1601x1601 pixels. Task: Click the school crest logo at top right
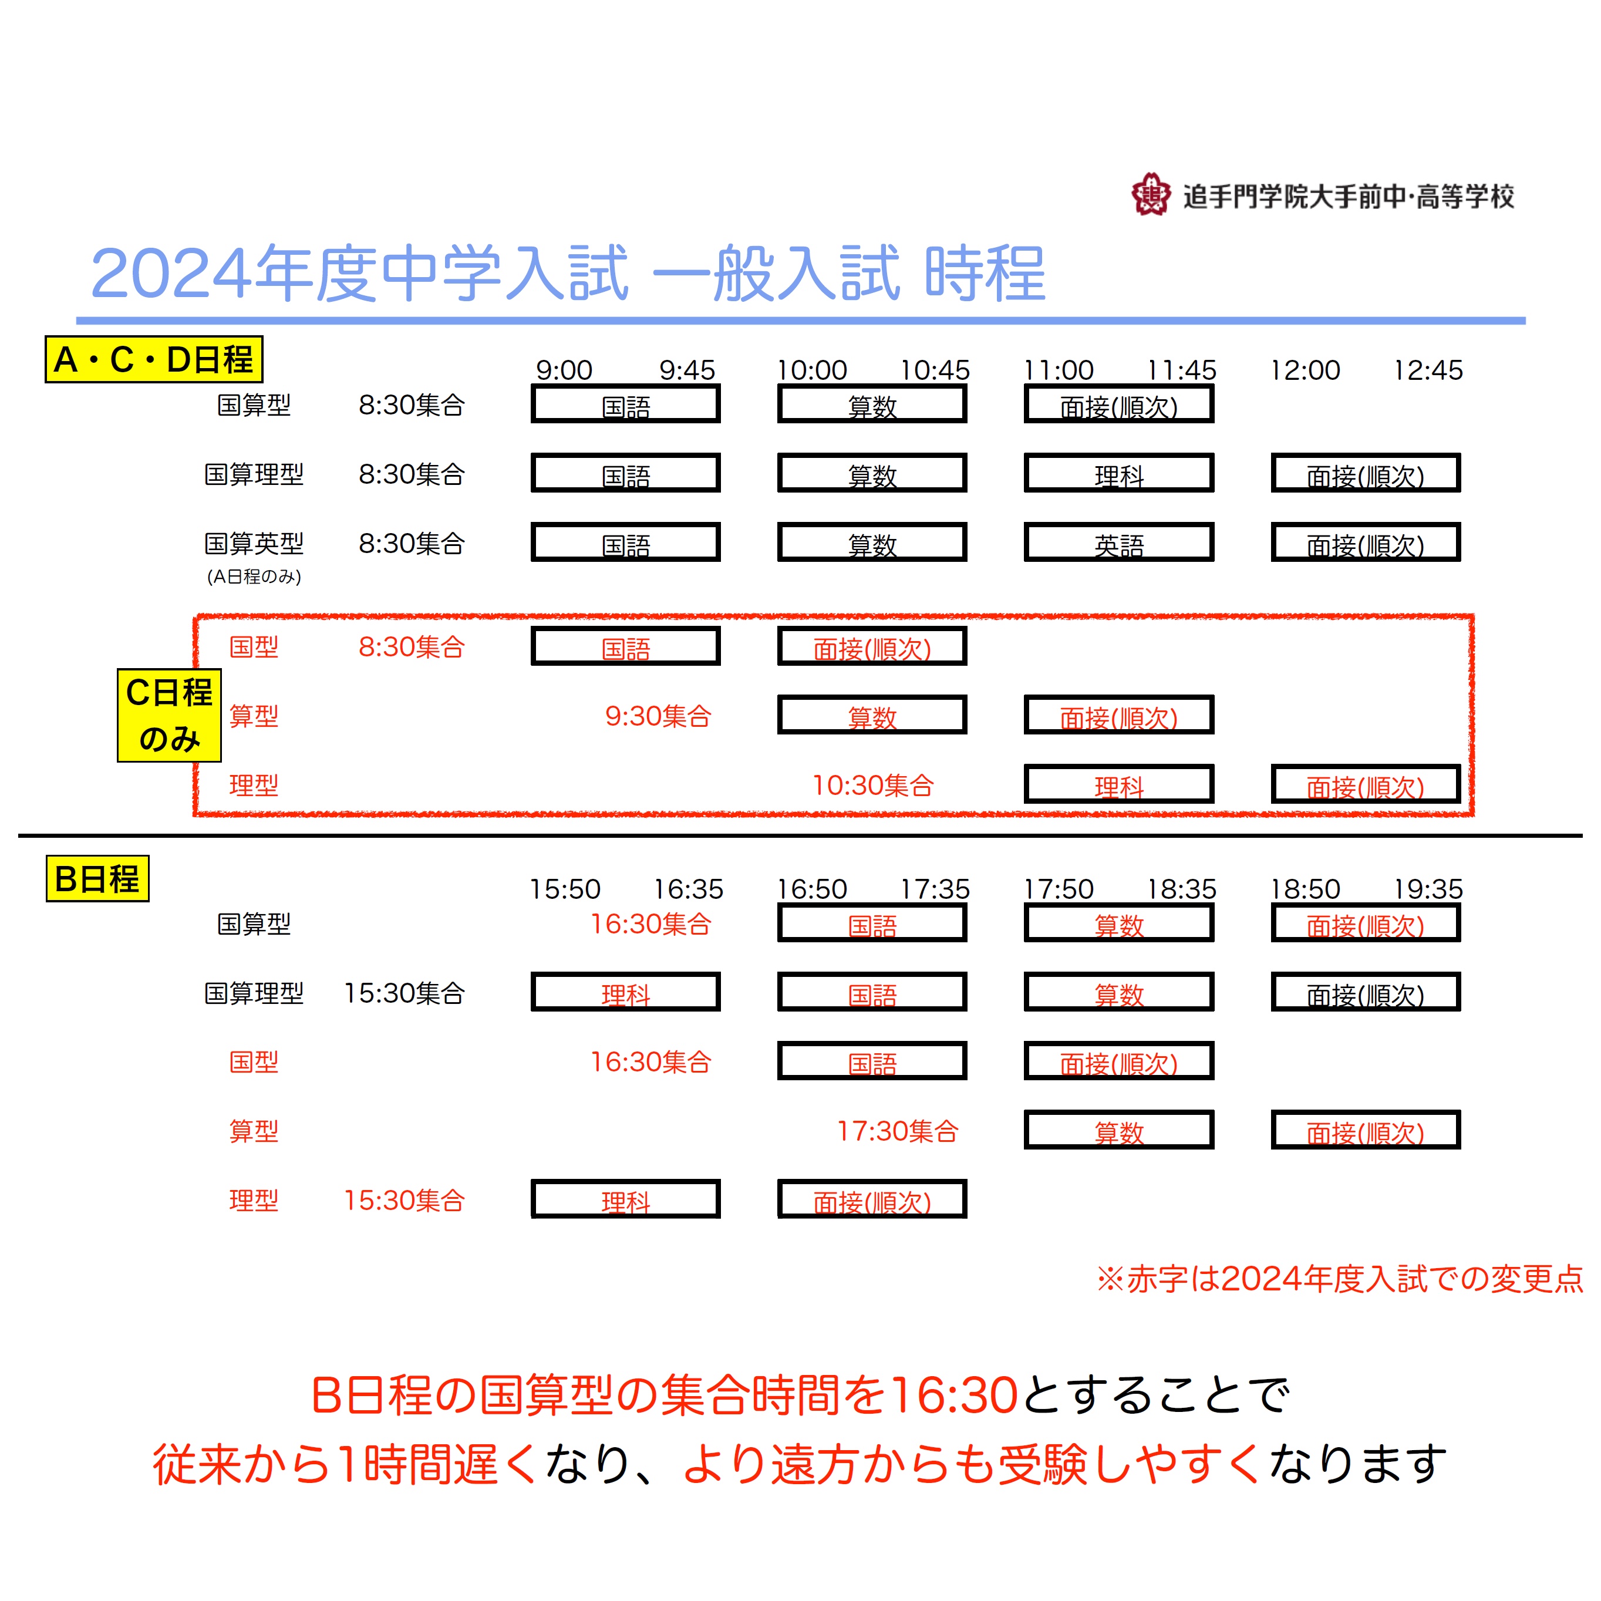(x=1151, y=195)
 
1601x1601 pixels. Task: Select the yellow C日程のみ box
(x=169, y=715)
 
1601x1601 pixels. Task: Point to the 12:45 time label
(x=1428, y=370)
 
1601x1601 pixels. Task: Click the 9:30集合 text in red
(x=658, y=716)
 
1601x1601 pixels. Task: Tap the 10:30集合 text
(x=872, y=785)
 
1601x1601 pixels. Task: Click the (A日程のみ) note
(x=254, y=576)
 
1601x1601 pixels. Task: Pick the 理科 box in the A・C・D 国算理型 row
(x=1119, y=473)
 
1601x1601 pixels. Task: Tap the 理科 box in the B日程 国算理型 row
(x=626, y=992)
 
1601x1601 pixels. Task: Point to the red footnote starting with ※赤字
(x=1339, y=1279)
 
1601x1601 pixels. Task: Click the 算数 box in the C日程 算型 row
(x=872, y=714)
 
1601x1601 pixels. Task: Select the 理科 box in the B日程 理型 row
(x=626, y=1199)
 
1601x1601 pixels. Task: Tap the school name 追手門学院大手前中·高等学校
(x=1348, y=197)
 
